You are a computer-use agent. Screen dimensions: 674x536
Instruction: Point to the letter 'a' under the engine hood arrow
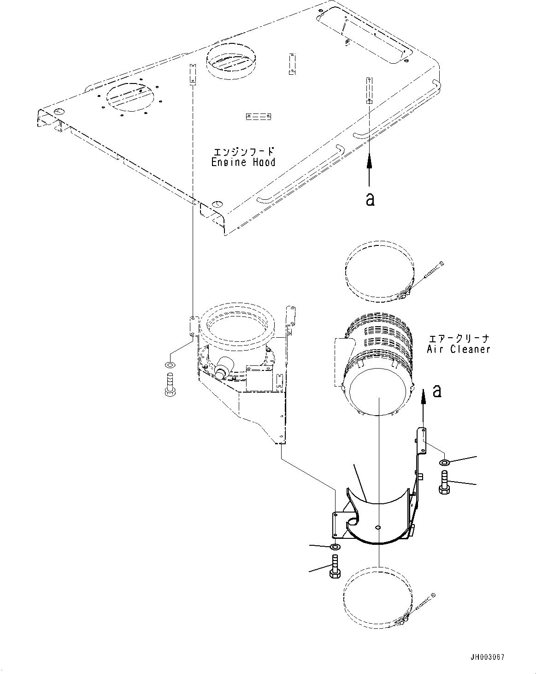[370, 199]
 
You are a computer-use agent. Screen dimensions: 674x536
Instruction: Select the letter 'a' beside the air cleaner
[437, 391]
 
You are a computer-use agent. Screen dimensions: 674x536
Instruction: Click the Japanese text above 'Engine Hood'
[243, 151]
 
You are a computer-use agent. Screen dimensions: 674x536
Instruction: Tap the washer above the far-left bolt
[169, 365]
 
